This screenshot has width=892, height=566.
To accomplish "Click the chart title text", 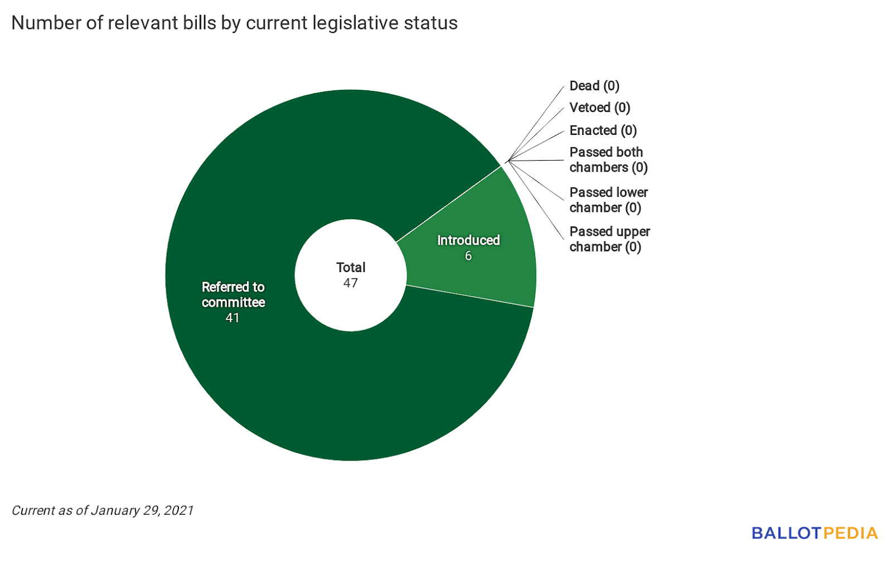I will [234, 23].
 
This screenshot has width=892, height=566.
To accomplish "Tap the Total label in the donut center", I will [351, 268].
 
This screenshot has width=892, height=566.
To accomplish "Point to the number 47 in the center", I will [351, 283].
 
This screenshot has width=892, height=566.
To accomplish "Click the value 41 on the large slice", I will [232, 318].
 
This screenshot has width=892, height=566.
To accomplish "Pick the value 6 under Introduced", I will [468, 256].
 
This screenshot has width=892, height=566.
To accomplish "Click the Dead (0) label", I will [594, 86].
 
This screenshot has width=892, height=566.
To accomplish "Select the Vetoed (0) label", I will [600, 108].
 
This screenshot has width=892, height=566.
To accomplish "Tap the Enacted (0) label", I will [603, 130].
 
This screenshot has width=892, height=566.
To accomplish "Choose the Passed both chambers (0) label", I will [608, 160].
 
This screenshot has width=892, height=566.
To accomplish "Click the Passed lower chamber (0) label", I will [608, 200].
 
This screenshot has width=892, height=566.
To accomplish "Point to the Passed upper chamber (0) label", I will [609, 239].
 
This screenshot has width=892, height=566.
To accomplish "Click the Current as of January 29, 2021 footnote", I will [103, 511].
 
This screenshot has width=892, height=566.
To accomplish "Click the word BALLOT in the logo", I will [786, 534].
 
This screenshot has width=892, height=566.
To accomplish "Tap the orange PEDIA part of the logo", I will [850, 534].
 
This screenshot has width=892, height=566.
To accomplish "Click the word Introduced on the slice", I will [468, 240].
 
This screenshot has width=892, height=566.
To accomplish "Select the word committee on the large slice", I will [233, 302].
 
